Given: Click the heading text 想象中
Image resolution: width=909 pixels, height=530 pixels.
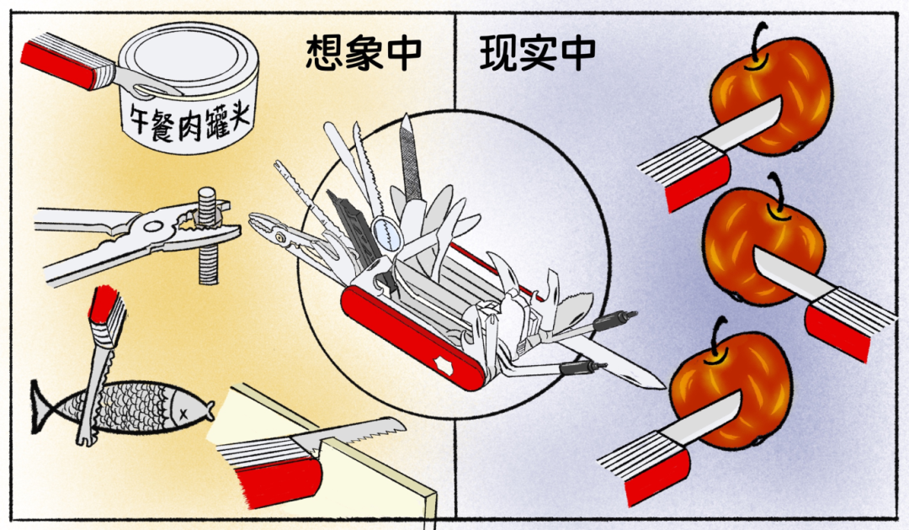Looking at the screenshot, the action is click(x=364, y=53).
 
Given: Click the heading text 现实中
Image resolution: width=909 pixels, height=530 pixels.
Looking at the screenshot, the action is click(x=537, y=53).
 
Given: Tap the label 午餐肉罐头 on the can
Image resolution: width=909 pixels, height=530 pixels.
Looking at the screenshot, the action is click(x=189, y=120).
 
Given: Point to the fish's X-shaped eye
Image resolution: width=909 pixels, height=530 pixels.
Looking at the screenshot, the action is click(x=183, y=412).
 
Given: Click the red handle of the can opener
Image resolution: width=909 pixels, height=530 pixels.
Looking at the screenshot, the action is click(x=58, y=61).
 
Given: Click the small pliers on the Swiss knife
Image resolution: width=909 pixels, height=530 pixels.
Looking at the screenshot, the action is click(x=284, y=235).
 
